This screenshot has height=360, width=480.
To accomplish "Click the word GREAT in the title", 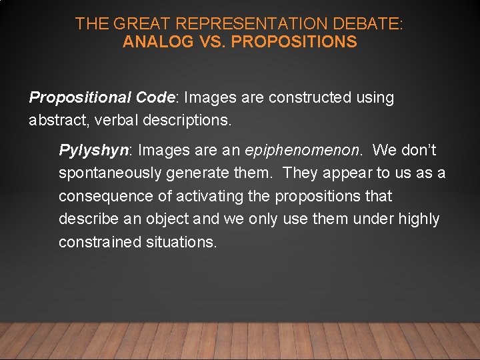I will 137,24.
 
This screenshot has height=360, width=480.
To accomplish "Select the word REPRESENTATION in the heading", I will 237,24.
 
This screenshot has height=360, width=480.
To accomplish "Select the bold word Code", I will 154,97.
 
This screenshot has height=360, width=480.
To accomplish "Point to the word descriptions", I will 190,121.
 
